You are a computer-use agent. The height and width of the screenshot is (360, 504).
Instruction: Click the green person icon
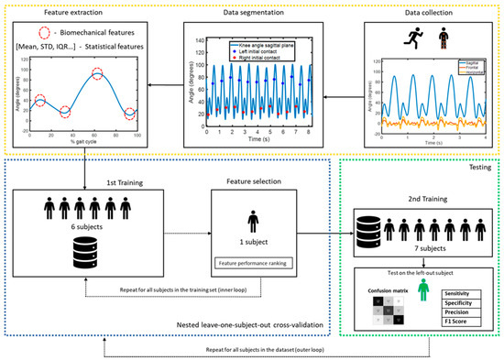pos(422,291)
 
